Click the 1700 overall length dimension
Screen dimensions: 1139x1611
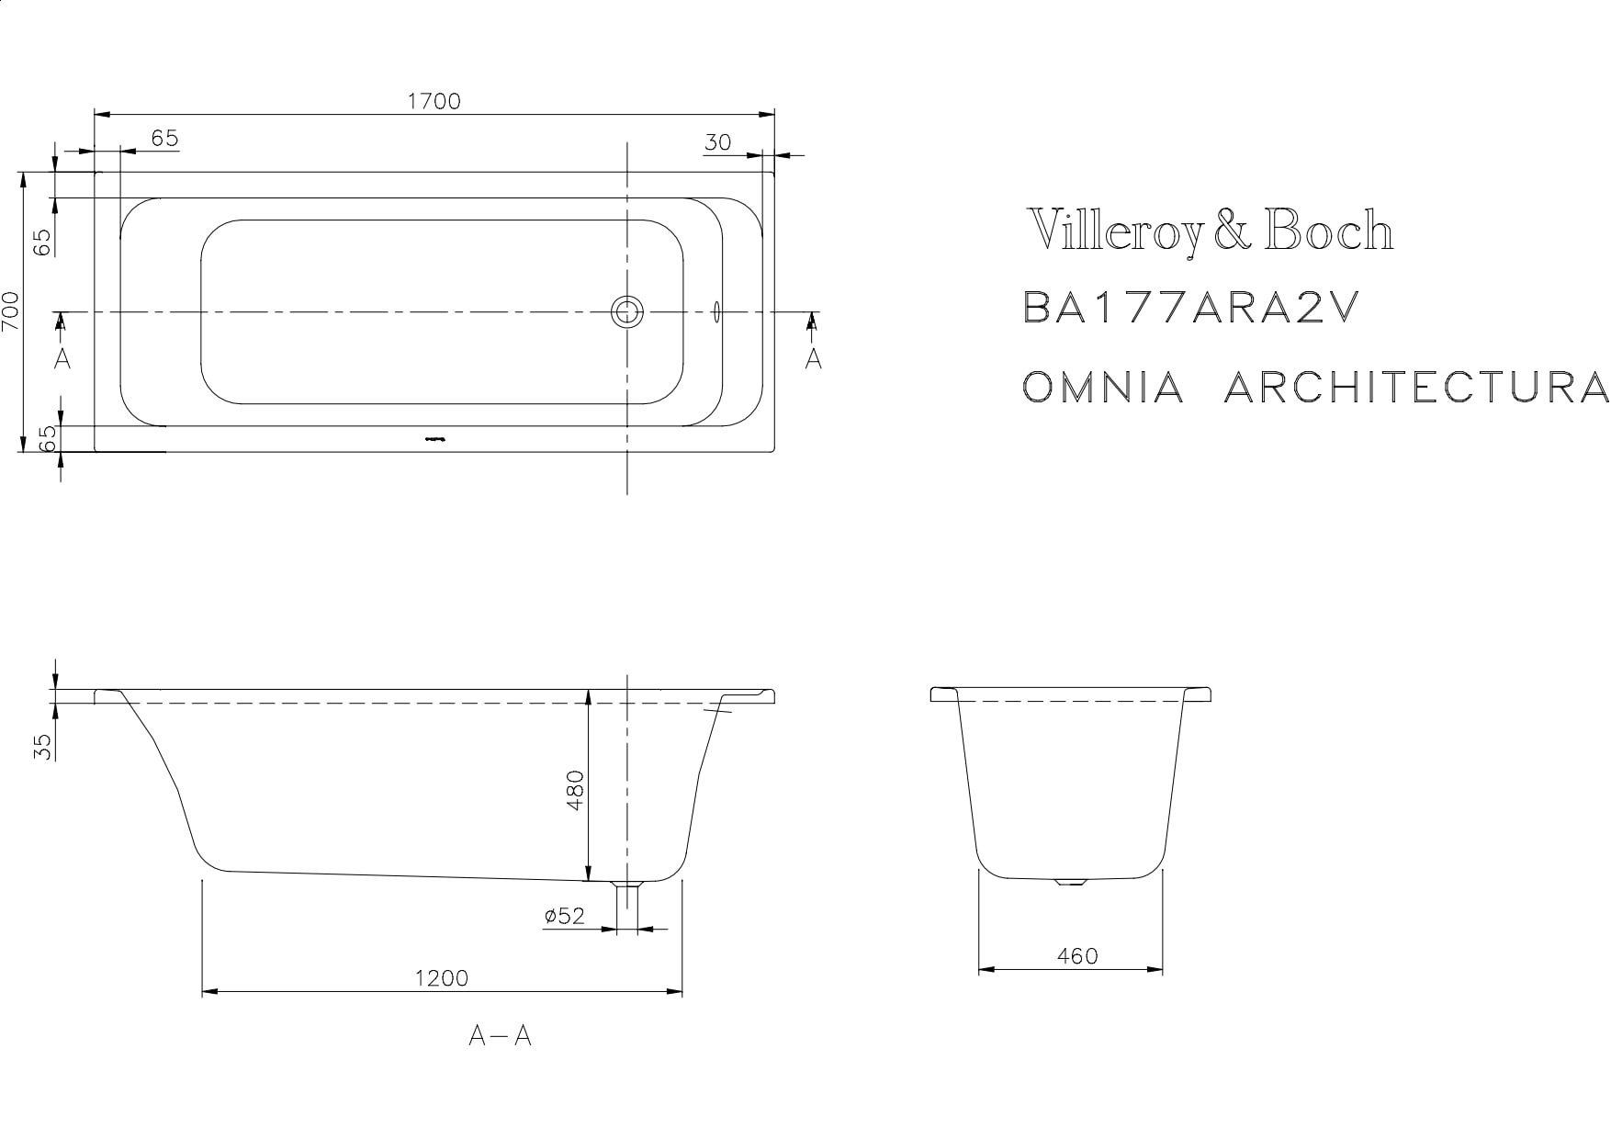pos(434,101)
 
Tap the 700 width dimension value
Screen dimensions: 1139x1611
pos(11,312)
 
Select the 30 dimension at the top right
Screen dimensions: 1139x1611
pos(717,142)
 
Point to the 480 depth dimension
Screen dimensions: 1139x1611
pos(575,789)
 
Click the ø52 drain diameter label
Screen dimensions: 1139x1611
pos(564,916)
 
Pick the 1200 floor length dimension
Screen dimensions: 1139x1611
pos(441,978)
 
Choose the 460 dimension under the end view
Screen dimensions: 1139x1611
pos(1076,956)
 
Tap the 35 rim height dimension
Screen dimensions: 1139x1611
pos(42,745)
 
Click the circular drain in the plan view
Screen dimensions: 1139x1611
pos(628,312)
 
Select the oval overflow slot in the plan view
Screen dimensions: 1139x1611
pos(716,312)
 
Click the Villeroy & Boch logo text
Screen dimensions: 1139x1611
pos(1210,231)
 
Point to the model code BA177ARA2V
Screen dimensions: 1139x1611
pos(1189,309)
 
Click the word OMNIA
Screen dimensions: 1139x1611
pos(1103,388)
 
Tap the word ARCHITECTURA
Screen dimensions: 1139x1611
pos(1415,388)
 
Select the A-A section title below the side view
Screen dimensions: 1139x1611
pos(500,1036)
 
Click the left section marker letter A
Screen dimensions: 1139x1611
pos(62,357)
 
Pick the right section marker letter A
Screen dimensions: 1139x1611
pos(813,357)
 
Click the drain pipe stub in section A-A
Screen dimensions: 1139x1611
pos(627,904)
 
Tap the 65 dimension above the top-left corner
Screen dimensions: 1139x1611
pos(164,138)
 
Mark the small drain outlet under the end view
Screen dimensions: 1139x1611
pos(1070,882)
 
